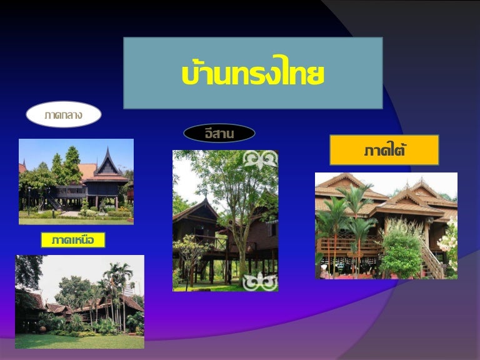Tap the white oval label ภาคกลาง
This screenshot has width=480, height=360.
click(64, 114)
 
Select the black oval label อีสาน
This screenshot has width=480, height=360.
click(219, 134)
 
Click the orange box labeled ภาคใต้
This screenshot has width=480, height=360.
click(384, 150)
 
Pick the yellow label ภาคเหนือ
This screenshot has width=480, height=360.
click(73, 240)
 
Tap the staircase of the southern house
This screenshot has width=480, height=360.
click(432, 259)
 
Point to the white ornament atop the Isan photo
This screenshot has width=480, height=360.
click(260, 159)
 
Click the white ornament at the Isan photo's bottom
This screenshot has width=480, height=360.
click(259, 282)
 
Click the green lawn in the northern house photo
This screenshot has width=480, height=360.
click(79, 341)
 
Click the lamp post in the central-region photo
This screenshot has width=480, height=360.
click(29, 201)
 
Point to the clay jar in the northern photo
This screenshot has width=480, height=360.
click(42, 329)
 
